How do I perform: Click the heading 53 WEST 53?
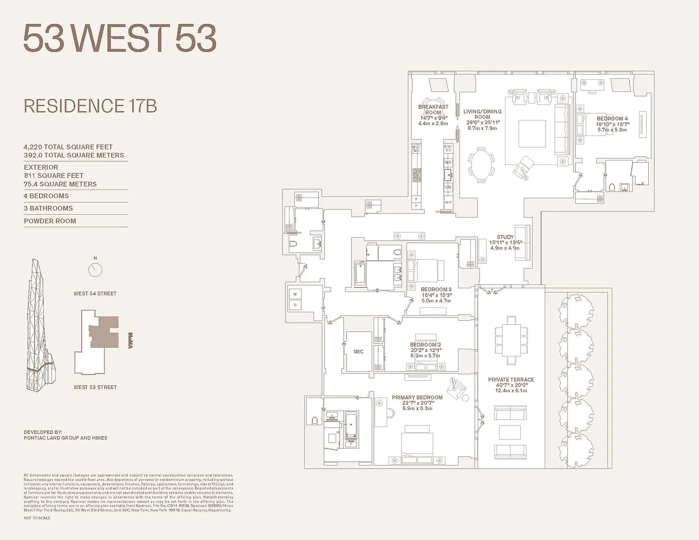click(120, 38)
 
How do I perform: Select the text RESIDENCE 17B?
click(90, 106)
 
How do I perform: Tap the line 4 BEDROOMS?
click(46, 196)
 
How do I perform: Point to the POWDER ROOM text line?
click(50, 221)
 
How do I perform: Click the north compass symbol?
click(95, 270)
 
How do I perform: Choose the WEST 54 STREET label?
click(95, 293)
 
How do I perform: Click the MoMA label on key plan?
click(130, 340)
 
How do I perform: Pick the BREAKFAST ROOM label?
click(433, 110)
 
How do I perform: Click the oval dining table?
click(481, 165)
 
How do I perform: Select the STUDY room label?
click(505, 237)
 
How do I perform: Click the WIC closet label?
click(359, 352)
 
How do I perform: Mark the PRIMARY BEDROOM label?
click(417, 397)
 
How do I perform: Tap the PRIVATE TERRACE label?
click(511, 380)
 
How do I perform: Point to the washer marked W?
click(295, 294)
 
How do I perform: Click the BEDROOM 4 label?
click(612, 119)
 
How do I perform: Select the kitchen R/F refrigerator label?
click(449, 202)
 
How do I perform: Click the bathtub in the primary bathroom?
click(351, 424)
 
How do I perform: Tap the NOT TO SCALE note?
click(37, 518)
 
